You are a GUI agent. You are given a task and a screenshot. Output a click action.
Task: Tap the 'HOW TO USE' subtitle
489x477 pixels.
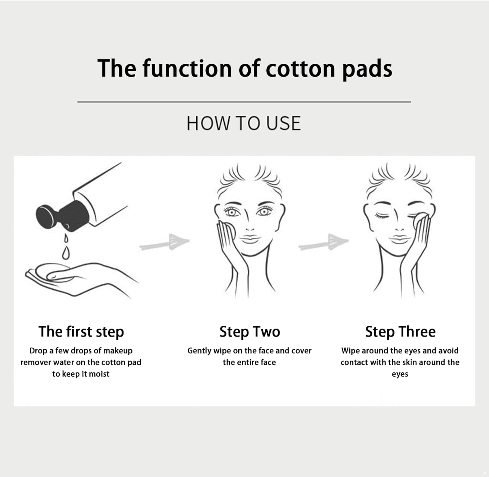click(244, 124)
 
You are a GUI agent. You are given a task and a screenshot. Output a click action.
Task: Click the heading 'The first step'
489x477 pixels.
click(81, 332)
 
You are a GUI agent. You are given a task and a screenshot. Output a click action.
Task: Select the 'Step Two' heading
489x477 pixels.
click(250, 332)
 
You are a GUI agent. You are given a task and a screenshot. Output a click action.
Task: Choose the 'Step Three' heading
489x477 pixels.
click(400, 332)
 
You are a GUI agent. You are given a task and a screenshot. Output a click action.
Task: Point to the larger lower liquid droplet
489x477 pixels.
click(66, 253)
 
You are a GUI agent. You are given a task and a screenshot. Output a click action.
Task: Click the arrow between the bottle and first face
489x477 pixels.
click(165, 242)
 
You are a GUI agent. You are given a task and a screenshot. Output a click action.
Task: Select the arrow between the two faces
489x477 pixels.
click(324, 242)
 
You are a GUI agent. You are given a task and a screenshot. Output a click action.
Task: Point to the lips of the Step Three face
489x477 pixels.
click(400, 239)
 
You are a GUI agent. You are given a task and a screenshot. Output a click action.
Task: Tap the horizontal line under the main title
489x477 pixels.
click(244, 102)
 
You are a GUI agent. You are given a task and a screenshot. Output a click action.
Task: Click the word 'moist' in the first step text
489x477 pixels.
click(99, 374)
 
